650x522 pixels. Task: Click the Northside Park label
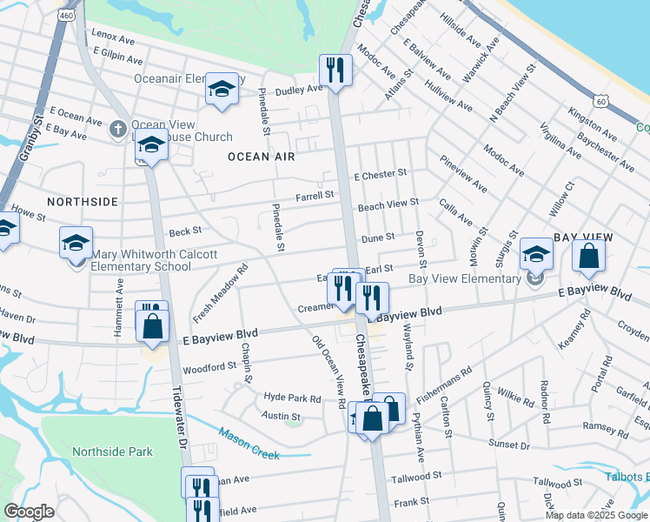pos(113,452)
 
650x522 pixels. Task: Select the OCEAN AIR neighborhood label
pos(262,157)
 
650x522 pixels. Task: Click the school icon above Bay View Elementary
pos(536,255)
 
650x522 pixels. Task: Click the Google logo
pos(29,512)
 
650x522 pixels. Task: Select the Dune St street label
pos(378,237)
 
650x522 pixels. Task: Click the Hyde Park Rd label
pos(292,398)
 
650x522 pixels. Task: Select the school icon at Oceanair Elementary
pos(222,90)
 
